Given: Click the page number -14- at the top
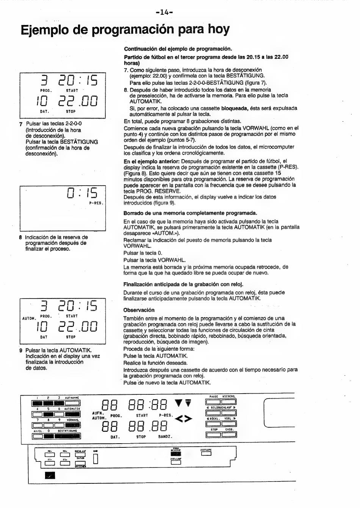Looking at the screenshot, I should pyautogui.click(x=164, y=12).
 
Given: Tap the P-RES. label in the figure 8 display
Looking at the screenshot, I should pyautogui.click(x=97, y=203).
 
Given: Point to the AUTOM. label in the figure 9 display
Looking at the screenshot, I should pyautogui.click(x=29, y=319).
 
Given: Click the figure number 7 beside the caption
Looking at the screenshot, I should pyautogui.click(x=21, y=124).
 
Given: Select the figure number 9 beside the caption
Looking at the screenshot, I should pyautogui.click(x=21, y=350).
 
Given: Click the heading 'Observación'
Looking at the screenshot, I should pyautogui.click(x=139, y=310).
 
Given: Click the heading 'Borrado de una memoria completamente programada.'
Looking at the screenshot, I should pyautogui.click(x=190, y=213).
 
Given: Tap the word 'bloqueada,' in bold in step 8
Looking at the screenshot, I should pyautogui.click(x=235, y=108).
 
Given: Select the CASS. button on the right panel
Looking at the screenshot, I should pyautogui.click(x=229, y=435).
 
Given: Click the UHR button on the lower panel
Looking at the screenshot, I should pyautogui.click(x=95, y=459).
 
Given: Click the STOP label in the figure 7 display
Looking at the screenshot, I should pyautogui.click(x=71, y=112).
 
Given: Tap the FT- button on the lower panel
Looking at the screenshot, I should pyautogui.click(x=50, y=463).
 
